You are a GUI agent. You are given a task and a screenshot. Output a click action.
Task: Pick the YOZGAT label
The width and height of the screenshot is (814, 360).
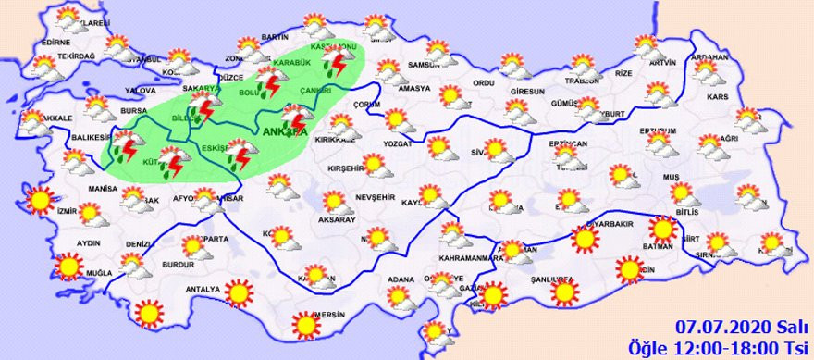click(x=398, y=146)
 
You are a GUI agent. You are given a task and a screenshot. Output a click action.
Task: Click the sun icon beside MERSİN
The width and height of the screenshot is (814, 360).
click(x=305, y=325)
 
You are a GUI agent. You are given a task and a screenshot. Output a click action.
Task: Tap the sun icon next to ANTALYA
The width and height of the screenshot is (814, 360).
click(x=240, y=294)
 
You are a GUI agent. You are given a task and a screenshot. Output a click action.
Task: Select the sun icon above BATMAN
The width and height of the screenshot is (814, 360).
click(x=662, y=229)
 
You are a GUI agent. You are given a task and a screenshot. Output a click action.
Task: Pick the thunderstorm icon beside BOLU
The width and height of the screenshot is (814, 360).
click(x=270, y=86)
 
